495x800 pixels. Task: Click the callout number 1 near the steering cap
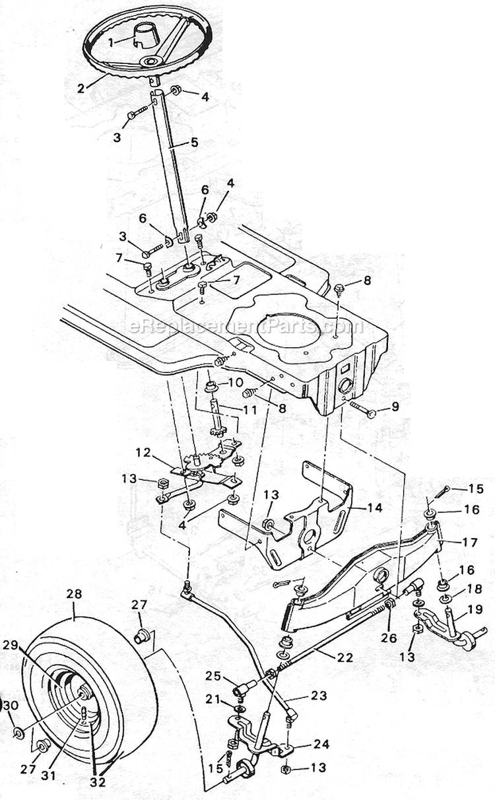pos(111,43)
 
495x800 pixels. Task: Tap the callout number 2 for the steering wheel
pos(81,88)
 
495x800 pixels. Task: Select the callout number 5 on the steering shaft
pos(194,142)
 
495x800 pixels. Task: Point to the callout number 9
pos(394,406)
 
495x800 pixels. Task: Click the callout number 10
pos(236,382)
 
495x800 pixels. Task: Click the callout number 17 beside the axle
pos(470,543)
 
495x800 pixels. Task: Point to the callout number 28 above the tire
pos(74,594)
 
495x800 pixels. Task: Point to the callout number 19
pos(475,609)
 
